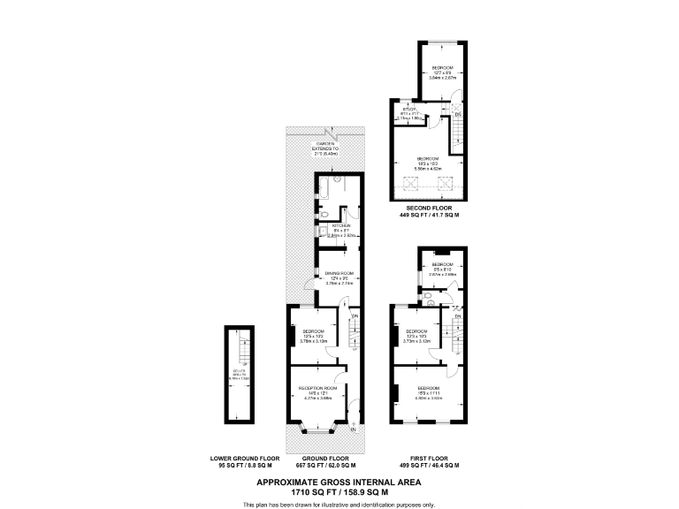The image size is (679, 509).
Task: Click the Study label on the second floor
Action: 410,110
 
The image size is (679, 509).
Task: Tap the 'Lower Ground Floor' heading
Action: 245,458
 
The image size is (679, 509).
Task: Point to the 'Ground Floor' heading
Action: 325,458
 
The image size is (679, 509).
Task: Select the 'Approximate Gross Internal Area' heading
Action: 339,482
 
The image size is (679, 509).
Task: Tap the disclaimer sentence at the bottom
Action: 339,504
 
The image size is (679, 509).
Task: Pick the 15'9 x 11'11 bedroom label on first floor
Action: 429,391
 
